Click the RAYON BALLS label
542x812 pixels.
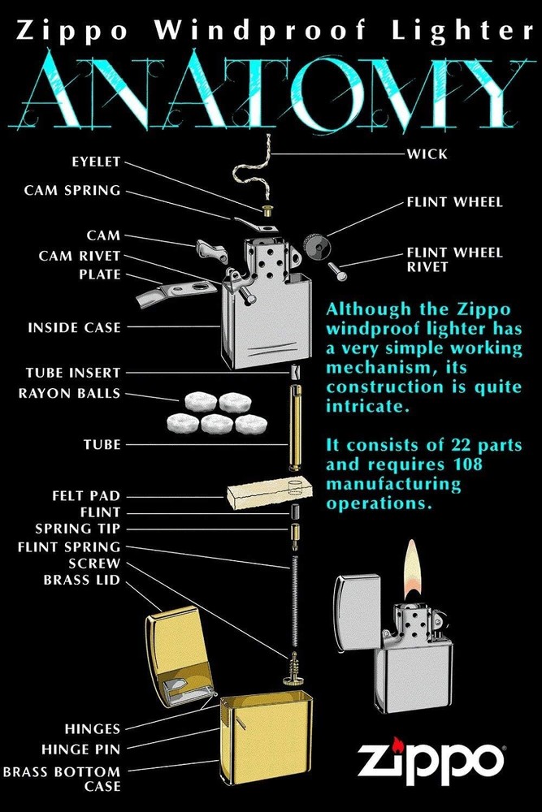point(69,394)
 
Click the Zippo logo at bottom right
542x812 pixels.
point(430,761)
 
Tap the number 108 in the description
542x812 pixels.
point(442,464)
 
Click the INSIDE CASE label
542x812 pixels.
point(74,328)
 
